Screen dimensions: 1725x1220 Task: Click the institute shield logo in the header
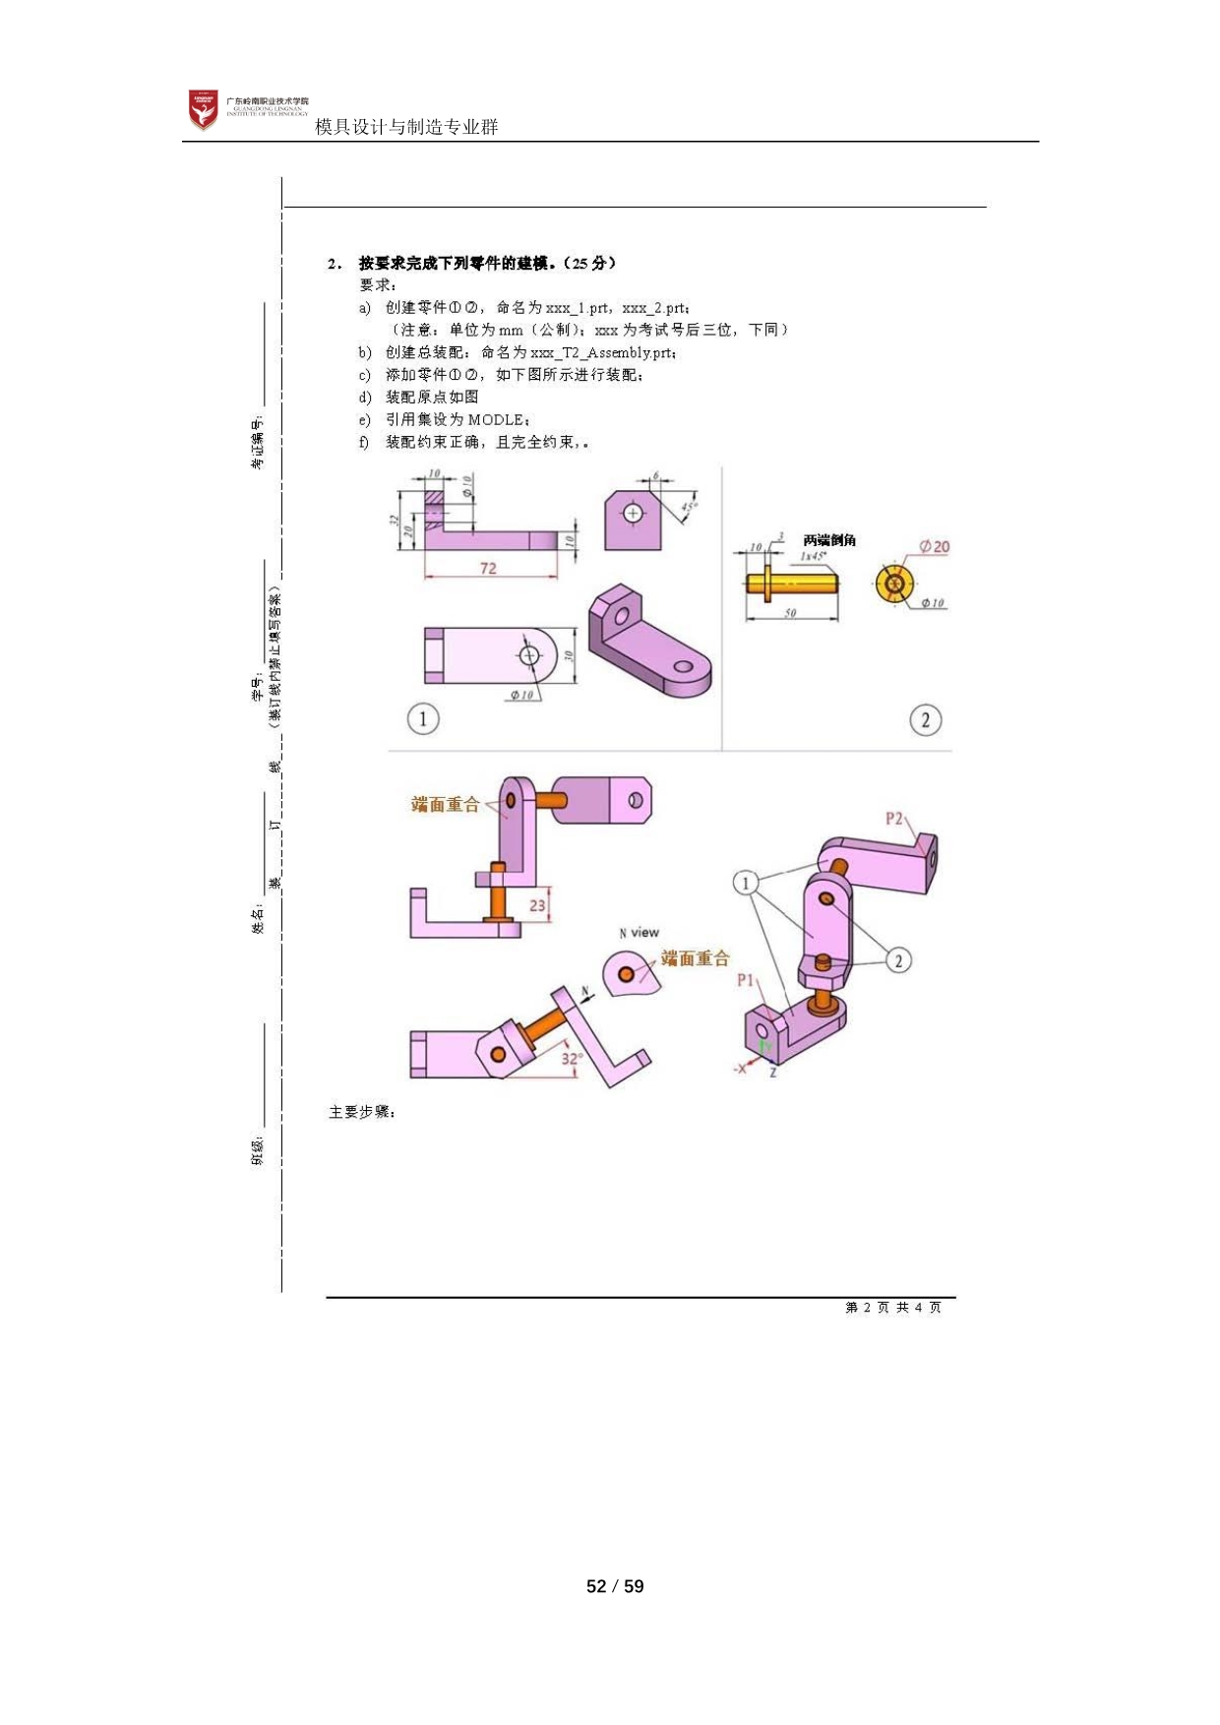point(204,109)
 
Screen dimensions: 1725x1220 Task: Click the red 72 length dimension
point(488,568)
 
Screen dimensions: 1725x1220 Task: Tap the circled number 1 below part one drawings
point(423,718)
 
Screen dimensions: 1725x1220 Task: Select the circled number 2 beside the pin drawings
point(925,720)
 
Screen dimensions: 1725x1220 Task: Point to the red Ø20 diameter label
point(934,547)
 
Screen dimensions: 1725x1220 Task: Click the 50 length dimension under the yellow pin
point(790,613)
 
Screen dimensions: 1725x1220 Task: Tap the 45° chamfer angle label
point(689,508)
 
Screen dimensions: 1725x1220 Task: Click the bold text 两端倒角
point(829,540)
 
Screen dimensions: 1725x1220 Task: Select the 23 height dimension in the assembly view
point(537,905)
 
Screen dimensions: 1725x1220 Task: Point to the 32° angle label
point(572,1059)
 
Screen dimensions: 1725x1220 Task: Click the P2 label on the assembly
point(893,818)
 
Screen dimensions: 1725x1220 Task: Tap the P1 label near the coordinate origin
point(746,980)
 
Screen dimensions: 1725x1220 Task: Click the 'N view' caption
point(640,932)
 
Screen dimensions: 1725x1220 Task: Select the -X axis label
point(741,1069)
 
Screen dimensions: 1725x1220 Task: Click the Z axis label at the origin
point(773,1072)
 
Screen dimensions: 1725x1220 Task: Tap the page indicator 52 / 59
point(615,1585)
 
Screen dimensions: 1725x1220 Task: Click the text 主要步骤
point(361,1112)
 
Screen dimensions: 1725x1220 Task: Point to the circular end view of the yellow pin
point(894,584)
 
